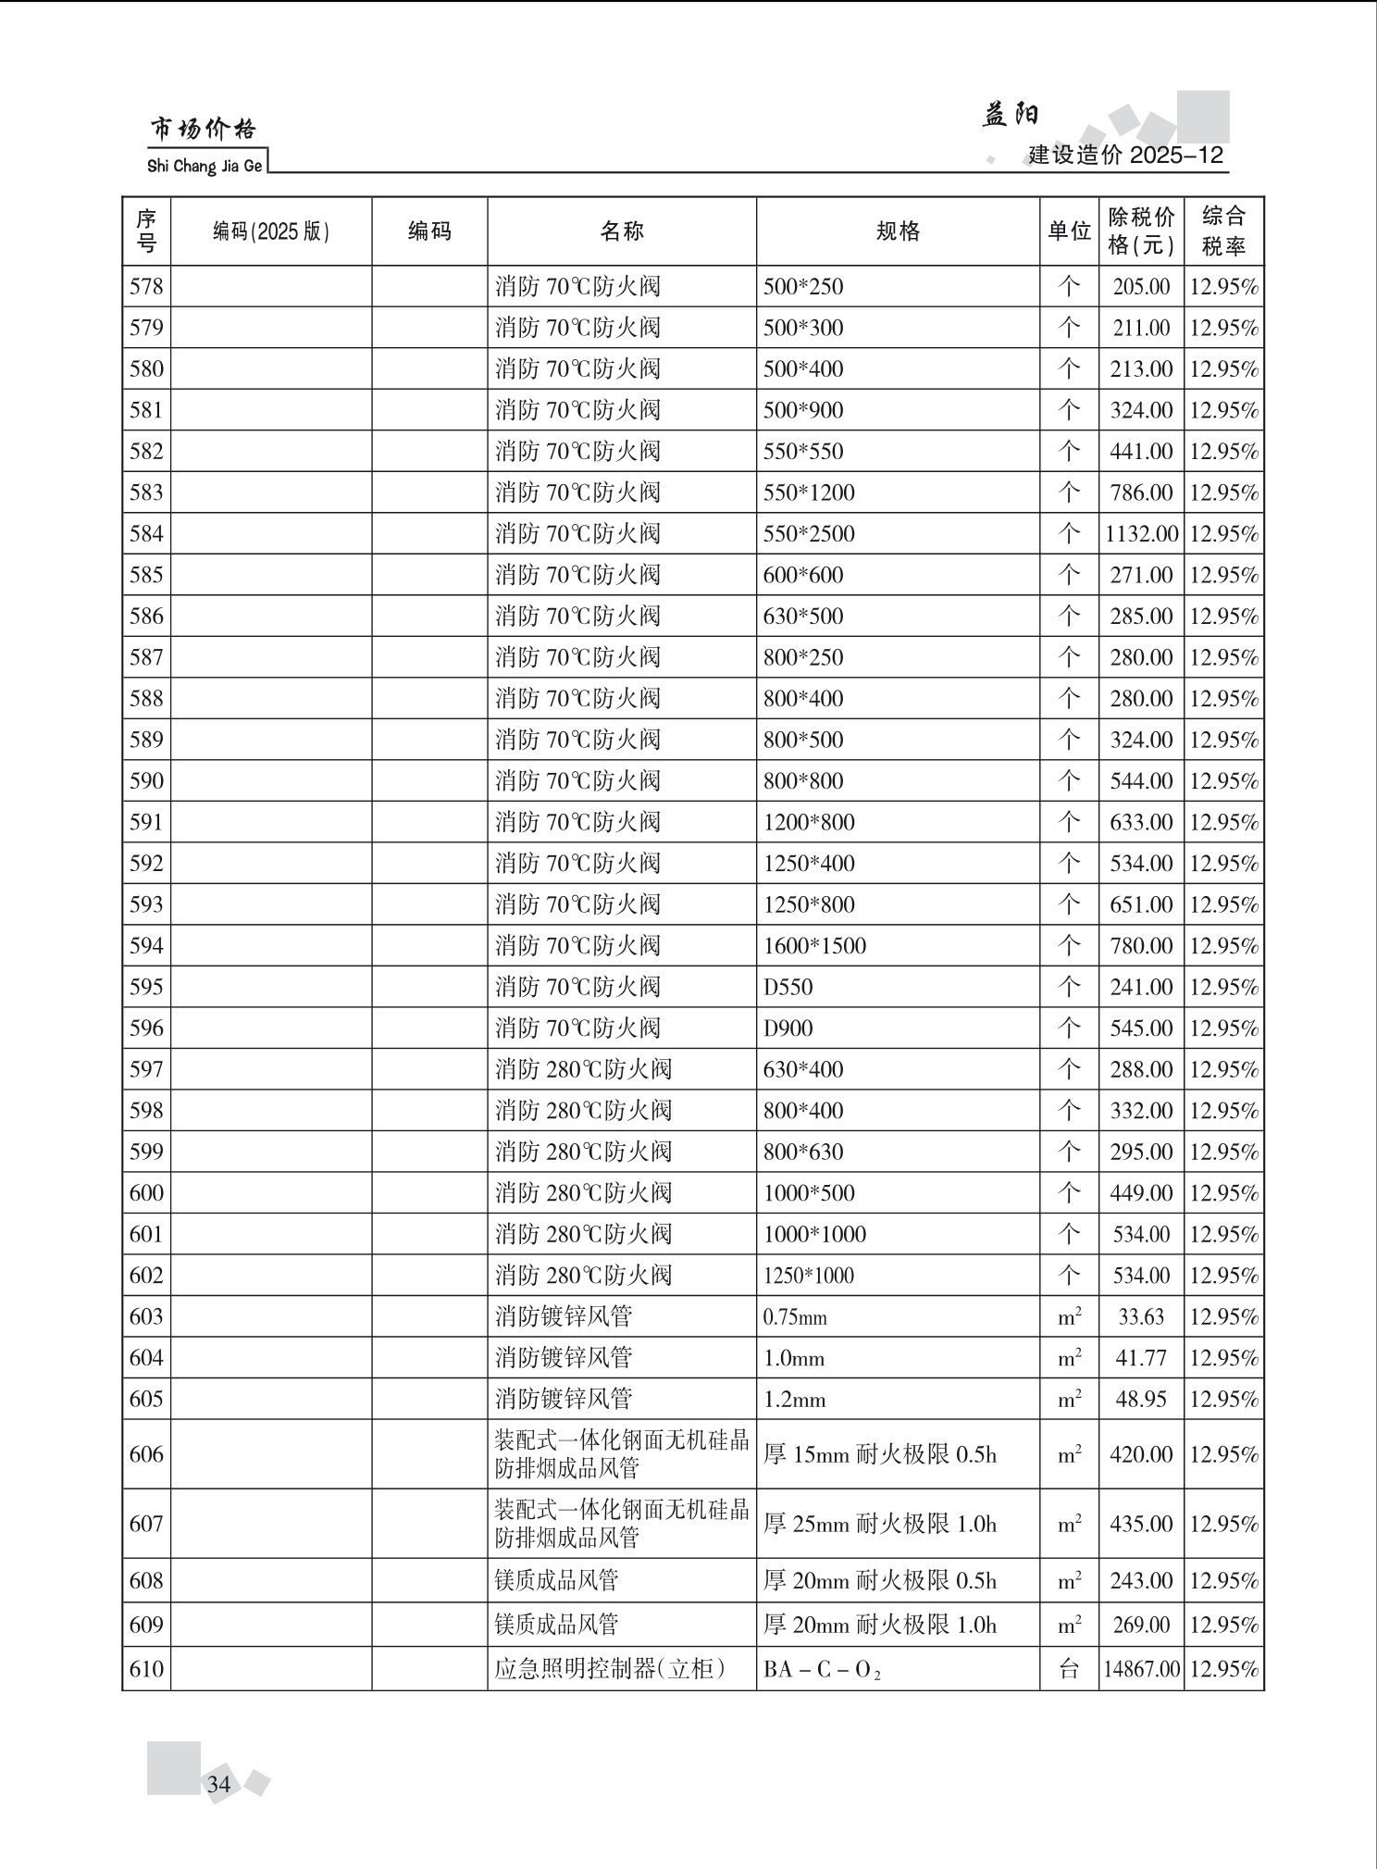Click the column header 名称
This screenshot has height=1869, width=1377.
(621, 231)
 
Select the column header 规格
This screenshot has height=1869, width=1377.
(898, 231)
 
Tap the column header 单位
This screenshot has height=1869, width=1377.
(1069, 231)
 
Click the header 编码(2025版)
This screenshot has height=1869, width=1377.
(271, 231)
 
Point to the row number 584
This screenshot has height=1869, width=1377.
(146, 534)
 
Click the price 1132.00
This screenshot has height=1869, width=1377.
(1141, 534)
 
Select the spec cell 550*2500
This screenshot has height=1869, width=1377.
(809, 534)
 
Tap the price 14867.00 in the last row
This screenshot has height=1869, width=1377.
(1141, 1669)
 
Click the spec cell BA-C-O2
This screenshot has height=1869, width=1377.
(822, 1670)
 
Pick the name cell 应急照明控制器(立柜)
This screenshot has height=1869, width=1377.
(610, 1669)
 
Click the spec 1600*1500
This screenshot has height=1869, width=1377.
(814, 946)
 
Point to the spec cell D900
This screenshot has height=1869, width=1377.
(788, 1028)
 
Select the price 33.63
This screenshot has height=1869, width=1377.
(1141, 1316)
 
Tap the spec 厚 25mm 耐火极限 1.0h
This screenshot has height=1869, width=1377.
(879, 1524)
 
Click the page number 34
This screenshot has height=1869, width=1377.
(219, 1784)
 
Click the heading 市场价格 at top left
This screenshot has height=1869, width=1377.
(203, 130)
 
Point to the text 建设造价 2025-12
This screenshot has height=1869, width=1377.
(1126, 155)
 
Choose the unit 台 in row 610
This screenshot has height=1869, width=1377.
(1069, 1669)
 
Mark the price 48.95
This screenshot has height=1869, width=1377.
(1141, 1399)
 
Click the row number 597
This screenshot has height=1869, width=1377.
(146, 1069)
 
